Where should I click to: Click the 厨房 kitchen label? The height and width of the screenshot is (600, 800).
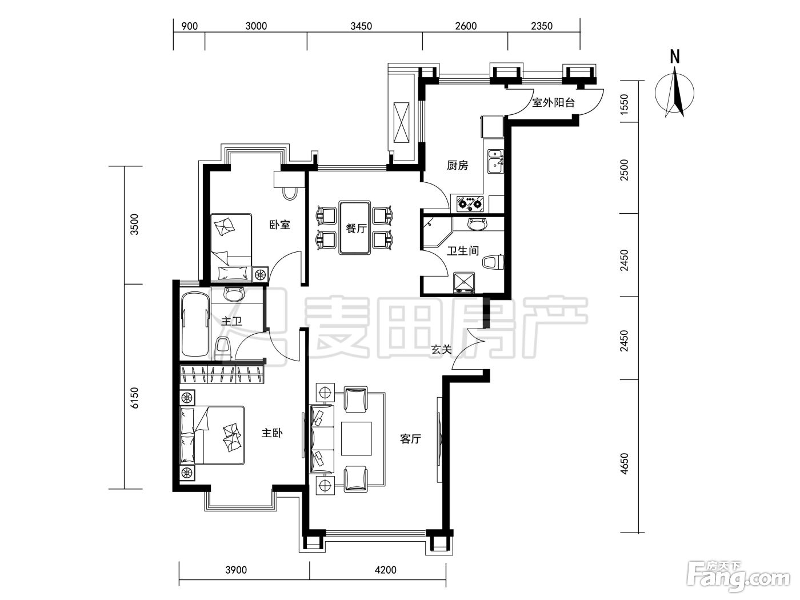457,166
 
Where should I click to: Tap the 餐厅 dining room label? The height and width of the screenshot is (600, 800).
356,229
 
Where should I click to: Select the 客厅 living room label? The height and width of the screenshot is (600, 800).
410,439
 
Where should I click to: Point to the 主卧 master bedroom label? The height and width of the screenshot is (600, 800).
272,433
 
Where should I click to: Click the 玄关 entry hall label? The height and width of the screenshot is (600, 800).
441,350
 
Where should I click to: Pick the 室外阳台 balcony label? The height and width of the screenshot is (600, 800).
553,103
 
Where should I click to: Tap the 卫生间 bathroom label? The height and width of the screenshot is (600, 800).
463,251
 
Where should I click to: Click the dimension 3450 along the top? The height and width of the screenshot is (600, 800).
361,26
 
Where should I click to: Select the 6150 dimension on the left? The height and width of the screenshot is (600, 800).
134,398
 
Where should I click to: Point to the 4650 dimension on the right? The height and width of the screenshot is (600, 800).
625,464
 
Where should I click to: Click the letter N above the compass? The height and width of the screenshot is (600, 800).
675,57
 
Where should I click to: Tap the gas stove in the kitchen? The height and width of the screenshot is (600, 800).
470,204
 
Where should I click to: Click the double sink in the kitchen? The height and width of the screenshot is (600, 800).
495,161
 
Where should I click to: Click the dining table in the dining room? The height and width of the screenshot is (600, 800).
355,227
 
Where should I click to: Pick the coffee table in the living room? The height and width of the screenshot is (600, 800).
356,439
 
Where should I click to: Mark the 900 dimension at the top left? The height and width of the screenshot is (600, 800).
190,26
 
